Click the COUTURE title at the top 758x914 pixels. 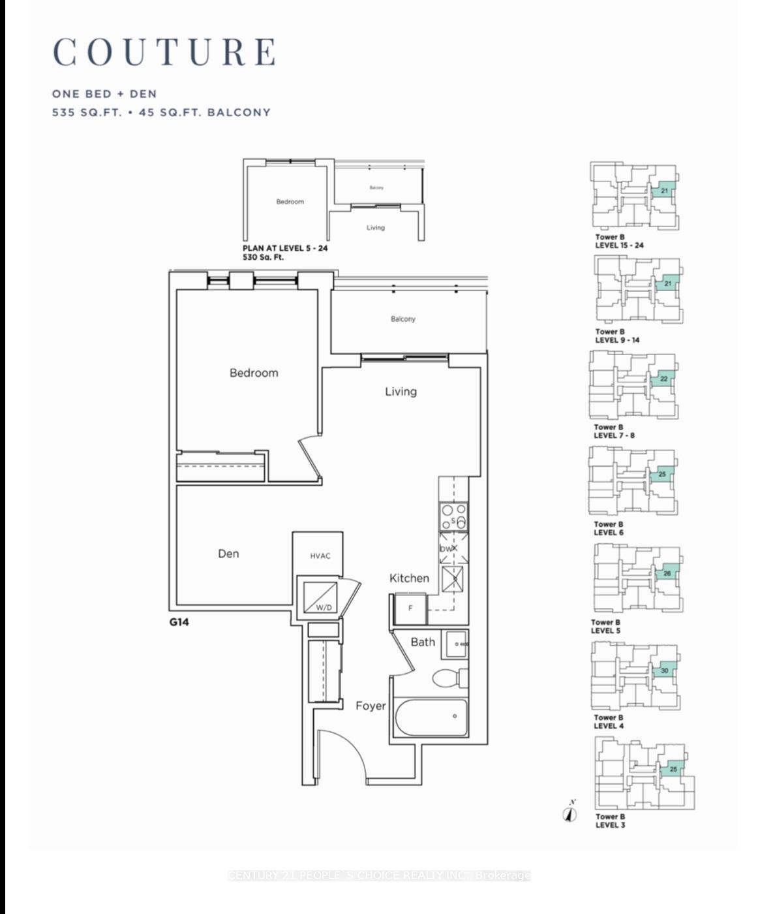pos(164,52)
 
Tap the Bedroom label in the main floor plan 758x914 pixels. pos(254,373)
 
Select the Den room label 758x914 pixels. pos(228,554)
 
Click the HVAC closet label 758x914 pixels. pos(320,556)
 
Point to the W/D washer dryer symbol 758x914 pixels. pos(321,597)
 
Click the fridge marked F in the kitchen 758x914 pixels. pos(410,608)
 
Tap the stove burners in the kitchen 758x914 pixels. pos(453,516)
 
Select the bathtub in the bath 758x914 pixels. pos(431,717)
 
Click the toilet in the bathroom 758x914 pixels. pos(449,678)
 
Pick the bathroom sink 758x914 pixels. pos(456,644)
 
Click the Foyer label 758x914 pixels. pos(371,706)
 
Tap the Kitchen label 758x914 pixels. pos(409,578)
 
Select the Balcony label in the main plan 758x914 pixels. pos(403,319)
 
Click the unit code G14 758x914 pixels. pos(179,622)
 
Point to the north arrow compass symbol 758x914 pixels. pos(570,813)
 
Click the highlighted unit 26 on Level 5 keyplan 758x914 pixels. pos(667,573)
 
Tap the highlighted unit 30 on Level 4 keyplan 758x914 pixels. pos(664,670)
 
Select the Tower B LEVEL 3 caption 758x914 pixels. pos(610,821)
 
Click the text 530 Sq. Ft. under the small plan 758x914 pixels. pos(263,257)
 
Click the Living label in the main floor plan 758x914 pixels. pos(401,392)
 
